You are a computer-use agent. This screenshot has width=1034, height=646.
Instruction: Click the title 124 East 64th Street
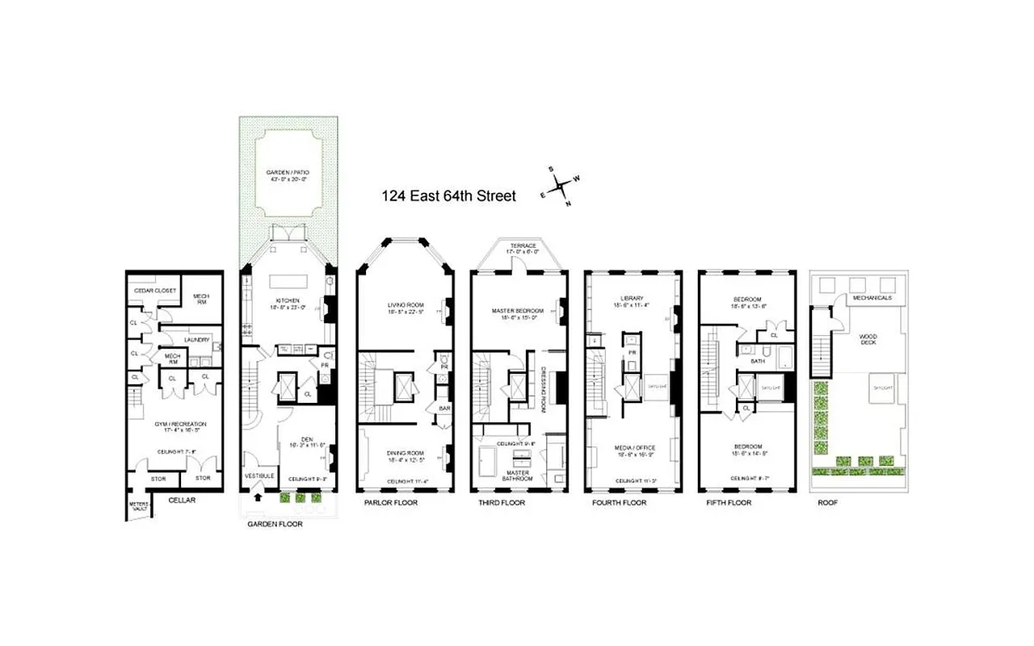[x=448, y=196]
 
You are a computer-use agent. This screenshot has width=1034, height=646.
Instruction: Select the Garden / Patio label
[x=288, y=173]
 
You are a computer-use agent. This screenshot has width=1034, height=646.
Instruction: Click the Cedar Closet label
[x=150, y=290]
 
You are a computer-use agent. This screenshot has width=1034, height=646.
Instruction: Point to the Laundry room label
[x=196, y=340]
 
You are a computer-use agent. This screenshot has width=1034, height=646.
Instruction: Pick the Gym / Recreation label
[x=173, y=424]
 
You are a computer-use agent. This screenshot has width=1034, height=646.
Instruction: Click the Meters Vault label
[x=139, y=506]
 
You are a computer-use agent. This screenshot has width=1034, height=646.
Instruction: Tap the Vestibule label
[x=260, y=476]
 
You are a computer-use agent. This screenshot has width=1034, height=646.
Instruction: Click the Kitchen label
[x=288, y=301]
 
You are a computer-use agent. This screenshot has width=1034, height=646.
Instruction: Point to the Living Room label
[x=405, y=305]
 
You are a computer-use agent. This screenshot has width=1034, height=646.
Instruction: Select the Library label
[x=633, y=298]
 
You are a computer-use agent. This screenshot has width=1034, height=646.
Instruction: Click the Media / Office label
[x=633, y=448]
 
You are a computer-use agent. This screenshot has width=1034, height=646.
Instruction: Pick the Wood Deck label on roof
[x=868, y=338]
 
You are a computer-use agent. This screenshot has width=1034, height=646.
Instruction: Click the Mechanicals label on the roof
[x=872, y=298]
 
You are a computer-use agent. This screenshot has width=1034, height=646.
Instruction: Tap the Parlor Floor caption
[x=391, y=502]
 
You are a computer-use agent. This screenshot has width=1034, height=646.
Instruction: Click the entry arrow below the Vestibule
[x=258, y=497]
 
